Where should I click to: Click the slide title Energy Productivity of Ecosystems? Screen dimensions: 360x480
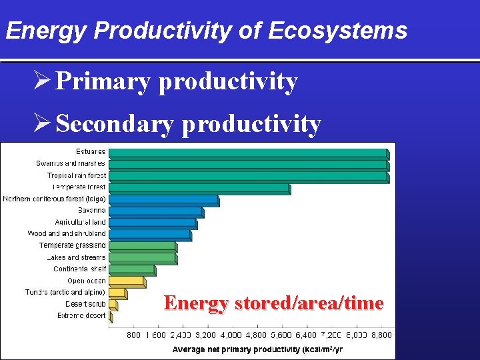coord(205,31)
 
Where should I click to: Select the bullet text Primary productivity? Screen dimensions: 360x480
coord(177,81)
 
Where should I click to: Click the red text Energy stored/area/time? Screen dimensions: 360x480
coord(273,303)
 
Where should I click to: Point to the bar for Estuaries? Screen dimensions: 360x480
coord(247,153)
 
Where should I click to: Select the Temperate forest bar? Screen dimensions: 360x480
coord(199,188)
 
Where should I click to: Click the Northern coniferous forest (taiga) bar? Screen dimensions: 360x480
coord(163,199)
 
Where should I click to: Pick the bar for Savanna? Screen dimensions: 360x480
coord(155,211)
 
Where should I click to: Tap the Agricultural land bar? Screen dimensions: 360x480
coord(152,223)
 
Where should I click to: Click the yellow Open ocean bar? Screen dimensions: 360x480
coord(125,281)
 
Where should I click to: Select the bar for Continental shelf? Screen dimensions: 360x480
coord(131,269)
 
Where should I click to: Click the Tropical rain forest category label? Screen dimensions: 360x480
coord(76,175)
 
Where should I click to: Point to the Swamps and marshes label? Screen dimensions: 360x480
coord(71,163)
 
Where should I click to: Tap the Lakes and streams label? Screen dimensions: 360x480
coord(76,257)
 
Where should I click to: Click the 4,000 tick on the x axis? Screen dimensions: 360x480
coord(231,335)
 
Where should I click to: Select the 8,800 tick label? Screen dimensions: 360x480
coord(381,335)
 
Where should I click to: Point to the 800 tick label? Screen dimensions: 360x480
coord(133,335)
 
